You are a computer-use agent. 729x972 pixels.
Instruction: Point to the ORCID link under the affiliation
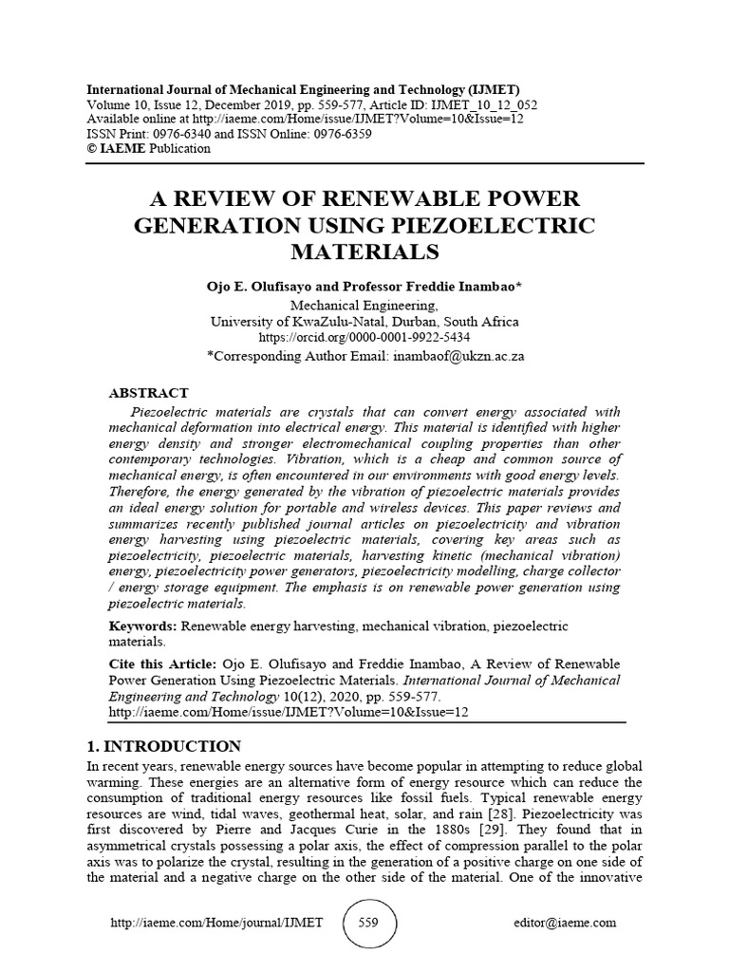point(364,337)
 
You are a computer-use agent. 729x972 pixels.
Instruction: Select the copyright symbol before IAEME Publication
point(91,148)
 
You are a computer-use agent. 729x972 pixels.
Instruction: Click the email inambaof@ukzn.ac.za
point(455,356)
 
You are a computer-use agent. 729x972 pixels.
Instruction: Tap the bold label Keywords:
point(143,626)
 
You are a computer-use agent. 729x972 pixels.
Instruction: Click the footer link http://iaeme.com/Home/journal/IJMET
point(217,922)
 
